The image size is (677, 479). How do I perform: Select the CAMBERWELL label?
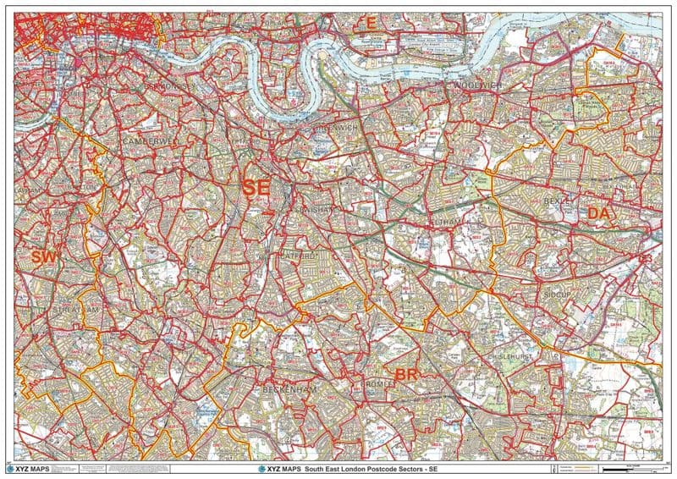[x=152, y=141]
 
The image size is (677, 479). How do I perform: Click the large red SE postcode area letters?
[x=256, y=187]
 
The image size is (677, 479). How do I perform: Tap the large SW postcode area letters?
[x=43, y=256]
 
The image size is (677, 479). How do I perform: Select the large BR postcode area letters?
[x=409, y=374]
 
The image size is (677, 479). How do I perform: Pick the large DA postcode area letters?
[x=599, y=214]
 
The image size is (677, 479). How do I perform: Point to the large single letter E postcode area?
[x=369, y=21]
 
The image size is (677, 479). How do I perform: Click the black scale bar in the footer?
[x=626, y=467]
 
